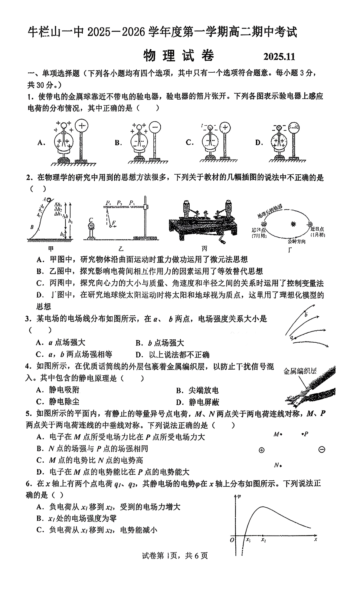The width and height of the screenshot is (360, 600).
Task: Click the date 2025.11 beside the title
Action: point(279,57)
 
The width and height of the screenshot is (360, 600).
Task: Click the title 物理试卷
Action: point(178,56)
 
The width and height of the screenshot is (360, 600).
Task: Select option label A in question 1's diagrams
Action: point(41,143)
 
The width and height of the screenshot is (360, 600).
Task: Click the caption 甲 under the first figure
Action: point(51,249)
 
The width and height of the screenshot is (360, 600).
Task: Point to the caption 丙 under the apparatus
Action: point(205,249)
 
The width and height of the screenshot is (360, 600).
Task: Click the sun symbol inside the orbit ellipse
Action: point(293,224)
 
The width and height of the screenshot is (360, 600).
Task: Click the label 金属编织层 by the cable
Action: point(300,371)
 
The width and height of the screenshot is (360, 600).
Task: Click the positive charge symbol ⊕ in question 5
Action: point(262,450)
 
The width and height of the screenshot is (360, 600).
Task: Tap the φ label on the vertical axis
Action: point(239,496)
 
